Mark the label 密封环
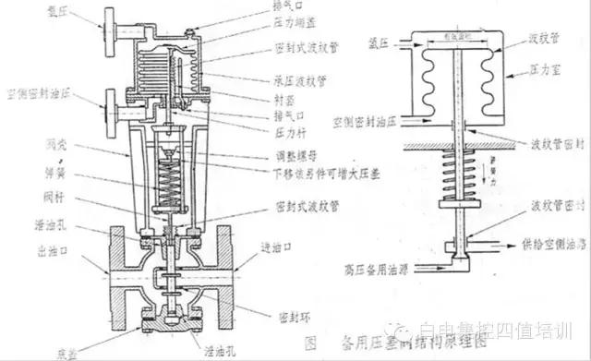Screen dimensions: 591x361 (x=280, y=315)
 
